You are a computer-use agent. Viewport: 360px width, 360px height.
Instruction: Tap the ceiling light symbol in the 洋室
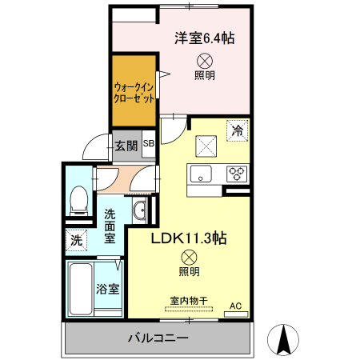point(205,60)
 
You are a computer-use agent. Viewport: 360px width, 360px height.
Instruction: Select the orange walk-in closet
point(134,90)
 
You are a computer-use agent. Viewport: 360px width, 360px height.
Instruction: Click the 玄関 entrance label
point(125,146)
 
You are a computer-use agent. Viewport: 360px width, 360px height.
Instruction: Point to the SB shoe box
point(150,145)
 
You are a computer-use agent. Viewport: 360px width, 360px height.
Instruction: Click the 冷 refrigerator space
point(237,130)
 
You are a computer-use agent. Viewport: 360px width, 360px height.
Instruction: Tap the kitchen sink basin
point(201,173)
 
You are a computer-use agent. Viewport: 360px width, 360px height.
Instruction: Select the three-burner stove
point(238,172)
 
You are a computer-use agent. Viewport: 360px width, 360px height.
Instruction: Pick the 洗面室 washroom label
point(110,226)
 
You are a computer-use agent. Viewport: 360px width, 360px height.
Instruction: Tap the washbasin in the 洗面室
point(139,210)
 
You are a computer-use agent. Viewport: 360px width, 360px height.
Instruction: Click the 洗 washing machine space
point(76,238)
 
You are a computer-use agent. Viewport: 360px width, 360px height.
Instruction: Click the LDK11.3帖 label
point(190,238)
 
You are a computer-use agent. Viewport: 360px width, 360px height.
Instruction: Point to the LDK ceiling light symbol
point(189,257)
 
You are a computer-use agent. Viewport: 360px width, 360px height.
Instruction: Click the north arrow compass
point(284,340)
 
